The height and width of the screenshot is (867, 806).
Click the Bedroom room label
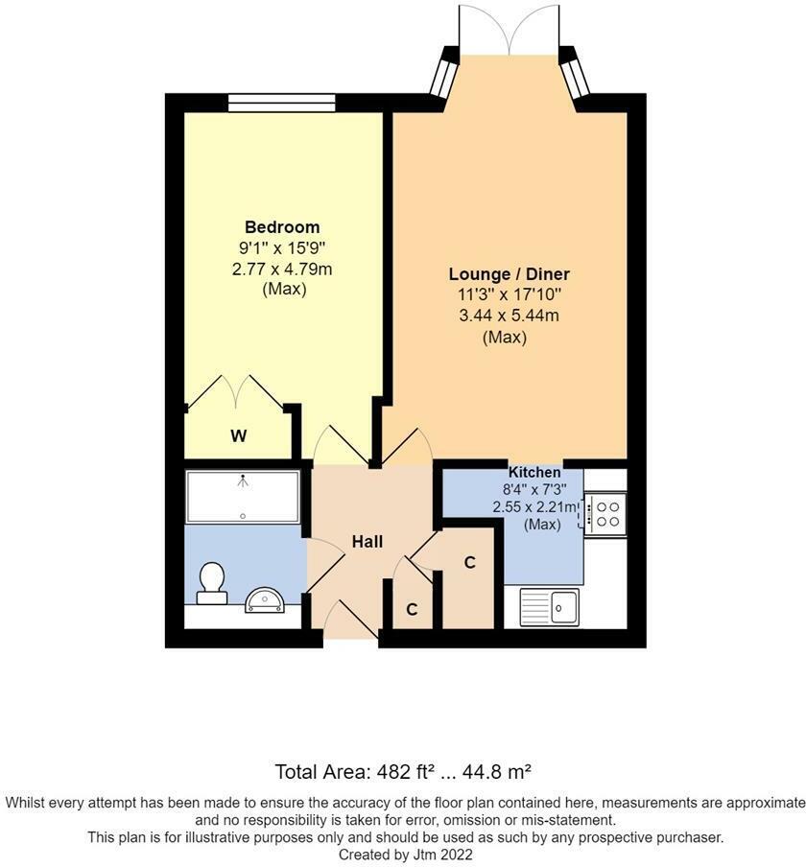pos(282,227)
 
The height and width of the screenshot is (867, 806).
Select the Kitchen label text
pos(534,472)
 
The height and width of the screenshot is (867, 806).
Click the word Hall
pos(367,542)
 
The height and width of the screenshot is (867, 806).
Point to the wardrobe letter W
pos(238,436)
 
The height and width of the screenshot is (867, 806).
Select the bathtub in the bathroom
pos(243,495)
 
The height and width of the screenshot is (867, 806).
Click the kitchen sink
pos(549,606)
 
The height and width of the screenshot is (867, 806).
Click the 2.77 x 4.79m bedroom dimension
pos(282,269)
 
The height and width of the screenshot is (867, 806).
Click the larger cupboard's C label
pos(470,563)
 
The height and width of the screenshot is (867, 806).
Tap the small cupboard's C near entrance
pos(411,609)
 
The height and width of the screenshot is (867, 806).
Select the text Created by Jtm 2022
pos(404,854)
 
